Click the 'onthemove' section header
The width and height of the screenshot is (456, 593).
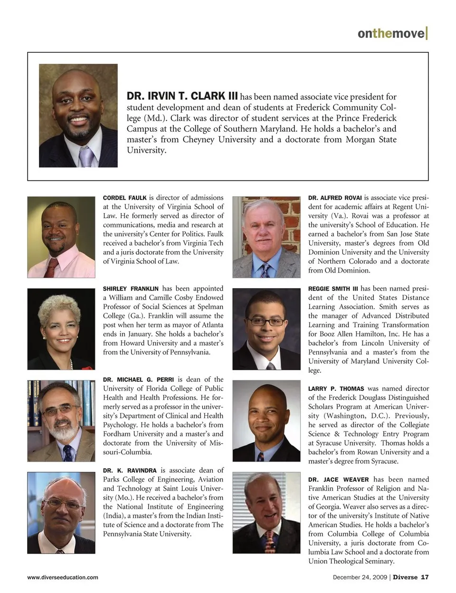[x=392, y=33]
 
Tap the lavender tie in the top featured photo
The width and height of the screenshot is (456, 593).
[x=85, y=156]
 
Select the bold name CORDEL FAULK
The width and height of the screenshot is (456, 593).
[x=124, y=198]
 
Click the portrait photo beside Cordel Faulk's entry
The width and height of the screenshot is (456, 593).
[x=61, y=237]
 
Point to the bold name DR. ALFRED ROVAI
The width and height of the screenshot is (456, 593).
[x=335, y=198]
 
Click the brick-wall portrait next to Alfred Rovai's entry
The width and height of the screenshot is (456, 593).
[x=266, y=237]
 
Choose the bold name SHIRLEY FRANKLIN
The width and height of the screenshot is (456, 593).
[x=131, y=289]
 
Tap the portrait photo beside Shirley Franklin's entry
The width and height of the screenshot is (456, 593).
[x=61, y=329]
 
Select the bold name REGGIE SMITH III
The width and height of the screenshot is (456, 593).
[x=333, y=289]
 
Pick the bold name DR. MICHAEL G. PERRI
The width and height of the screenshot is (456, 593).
[x=139, y=379]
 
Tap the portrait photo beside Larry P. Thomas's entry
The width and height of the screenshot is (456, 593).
[x=266, y=421]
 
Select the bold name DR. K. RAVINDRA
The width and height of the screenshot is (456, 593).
[x=130, y=470]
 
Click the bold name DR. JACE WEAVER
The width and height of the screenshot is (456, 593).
[x=339, y=479]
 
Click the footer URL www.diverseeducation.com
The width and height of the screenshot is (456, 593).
[x=63, y=577]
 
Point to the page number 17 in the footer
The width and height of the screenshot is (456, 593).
[x=425, y=577]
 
